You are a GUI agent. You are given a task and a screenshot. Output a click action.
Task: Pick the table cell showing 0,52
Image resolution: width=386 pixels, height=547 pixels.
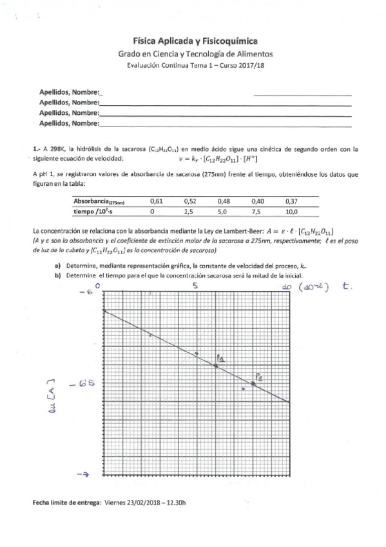(x=189, y=201)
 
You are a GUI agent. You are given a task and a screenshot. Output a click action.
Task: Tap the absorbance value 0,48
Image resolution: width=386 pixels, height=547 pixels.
(x=223, y=201)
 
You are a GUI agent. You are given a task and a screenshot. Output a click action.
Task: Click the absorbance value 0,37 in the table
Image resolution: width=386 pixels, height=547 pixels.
(x=291, y=201)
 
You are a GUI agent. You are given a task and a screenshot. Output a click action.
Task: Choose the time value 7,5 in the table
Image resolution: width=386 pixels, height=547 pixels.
(x=257, y=211)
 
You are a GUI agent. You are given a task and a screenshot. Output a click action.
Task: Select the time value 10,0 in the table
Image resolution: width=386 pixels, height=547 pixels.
(x=291, y=211)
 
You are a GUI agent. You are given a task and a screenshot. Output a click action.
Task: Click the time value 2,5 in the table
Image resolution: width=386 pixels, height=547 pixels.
(x=189, y=211)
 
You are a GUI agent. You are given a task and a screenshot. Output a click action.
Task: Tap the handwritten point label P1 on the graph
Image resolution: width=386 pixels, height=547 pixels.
(x=220, y=358)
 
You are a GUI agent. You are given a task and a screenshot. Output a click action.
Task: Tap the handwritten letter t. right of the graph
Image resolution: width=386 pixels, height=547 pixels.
(x=347, y=288)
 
